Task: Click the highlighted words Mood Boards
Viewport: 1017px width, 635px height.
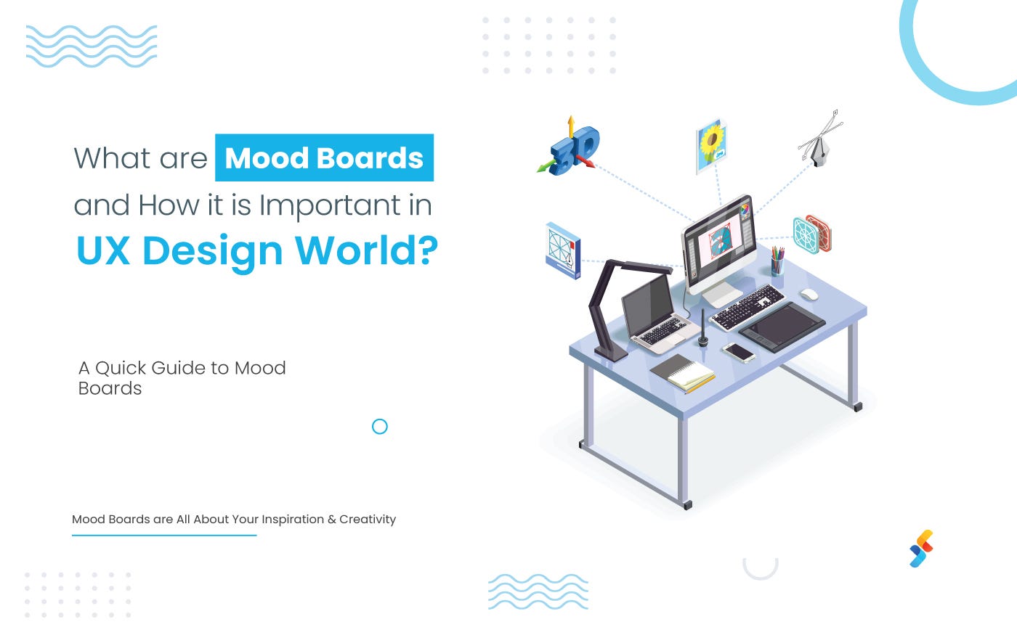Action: pos(324,158)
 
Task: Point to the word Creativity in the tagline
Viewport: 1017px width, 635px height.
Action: pos(368,520)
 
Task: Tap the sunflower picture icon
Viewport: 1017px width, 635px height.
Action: pos(712,144)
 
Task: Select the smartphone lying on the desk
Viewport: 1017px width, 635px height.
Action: pos(739,352)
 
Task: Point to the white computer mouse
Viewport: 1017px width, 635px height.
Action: pos(809,294)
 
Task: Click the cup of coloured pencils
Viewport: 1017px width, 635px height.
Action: pos(777,262)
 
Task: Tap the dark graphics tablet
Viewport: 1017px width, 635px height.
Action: pos(782,326)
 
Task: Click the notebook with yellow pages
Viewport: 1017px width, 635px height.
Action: pos(683,373)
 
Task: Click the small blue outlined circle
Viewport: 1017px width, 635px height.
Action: pos(379,427)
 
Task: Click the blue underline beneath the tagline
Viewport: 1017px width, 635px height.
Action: pos(164,536)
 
